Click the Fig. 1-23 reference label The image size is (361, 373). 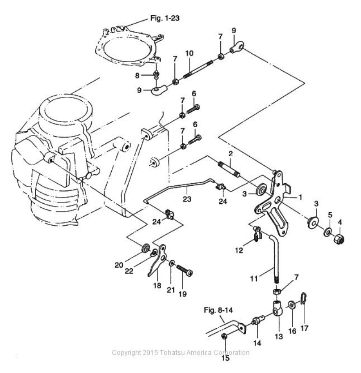[165, 18]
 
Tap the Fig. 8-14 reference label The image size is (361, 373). [218, 310]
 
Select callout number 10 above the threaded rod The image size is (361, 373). [189, 53]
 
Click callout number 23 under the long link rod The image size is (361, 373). [187, 199]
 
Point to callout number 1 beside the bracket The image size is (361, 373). [300, 197]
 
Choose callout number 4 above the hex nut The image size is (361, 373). [340, 222]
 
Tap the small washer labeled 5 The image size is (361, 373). [328, 232]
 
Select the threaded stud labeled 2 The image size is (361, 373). [229, 169]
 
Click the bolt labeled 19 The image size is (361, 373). [185, 270]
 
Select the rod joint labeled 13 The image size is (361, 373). [277, 309]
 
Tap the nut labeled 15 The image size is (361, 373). [224, 336]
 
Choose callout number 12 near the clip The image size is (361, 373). [239, 250]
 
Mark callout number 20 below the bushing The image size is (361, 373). [119, 265]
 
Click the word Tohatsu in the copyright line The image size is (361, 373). [172, 352]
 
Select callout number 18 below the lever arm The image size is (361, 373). [157, 285]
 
